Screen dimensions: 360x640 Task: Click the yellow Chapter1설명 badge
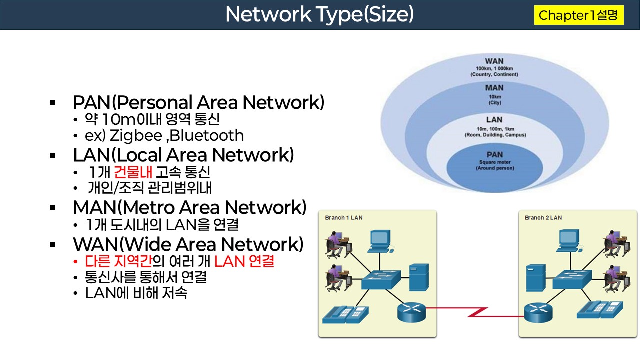(579, 15)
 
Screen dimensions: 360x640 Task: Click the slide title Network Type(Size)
(319, 14)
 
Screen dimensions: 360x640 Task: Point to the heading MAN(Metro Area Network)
(190, 207)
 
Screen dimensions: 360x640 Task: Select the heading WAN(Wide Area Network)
(188, 244)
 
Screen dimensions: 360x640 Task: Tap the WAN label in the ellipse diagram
(494, 61)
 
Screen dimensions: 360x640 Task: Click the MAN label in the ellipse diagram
(494, 88)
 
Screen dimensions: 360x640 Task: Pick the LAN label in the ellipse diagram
(494, 120)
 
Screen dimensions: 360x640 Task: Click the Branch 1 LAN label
(344, 218)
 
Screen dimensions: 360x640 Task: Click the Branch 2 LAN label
(543, 218)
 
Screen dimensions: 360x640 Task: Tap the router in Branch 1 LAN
(410, 312)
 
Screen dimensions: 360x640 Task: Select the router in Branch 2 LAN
(537, 313)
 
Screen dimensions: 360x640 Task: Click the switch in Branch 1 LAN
(381, 280)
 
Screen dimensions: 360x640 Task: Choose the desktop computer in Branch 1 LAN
(380, 241)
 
